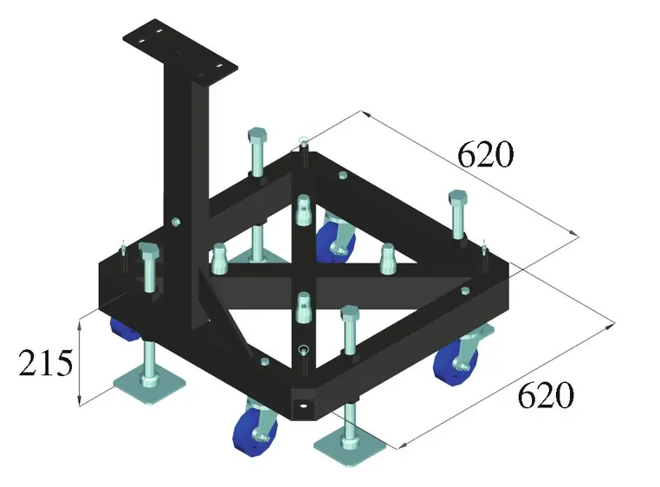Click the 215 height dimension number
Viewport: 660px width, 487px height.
(45, 363)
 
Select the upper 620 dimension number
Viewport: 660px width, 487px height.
(485, 155)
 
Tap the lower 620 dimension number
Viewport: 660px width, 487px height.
(546, 396)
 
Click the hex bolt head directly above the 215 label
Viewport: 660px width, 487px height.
(147, 255)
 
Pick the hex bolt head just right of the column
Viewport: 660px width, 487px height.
(257, 138)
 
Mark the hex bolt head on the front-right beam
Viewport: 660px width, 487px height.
(350, 314)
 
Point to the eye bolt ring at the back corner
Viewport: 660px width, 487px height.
(303, 142)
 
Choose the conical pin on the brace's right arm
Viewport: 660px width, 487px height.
(387, 255)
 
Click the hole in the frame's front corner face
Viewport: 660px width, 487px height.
(302, 403)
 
